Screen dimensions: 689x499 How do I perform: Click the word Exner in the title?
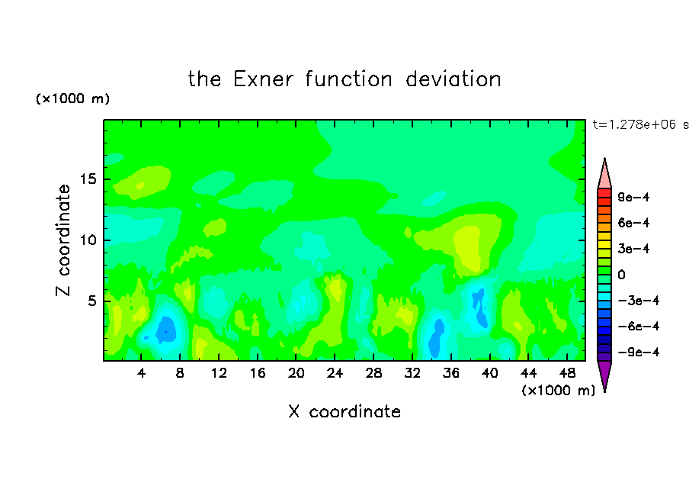click(x=263, y=79)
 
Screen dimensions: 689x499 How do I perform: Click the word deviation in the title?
click(x=453, y=79)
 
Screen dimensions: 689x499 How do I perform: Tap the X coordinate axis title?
click(x=344, y=412)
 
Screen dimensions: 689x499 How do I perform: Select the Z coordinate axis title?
click(x=62, y=240)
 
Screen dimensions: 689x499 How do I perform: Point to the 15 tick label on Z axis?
click(x=88, y=179)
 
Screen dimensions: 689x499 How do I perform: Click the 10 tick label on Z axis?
click(x=88, y=240)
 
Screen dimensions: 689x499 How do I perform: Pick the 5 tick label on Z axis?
click(x=92, y=301)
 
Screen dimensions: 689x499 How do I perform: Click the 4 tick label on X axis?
click(x=141, y=373)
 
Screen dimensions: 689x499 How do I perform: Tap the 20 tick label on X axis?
click(x=296, y=373)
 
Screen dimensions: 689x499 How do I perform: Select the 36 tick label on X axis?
click(x=451, y=373)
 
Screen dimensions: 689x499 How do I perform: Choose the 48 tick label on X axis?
click(x=567, y=373)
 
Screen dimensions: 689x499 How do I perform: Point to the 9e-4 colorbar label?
click(x=633, y=197)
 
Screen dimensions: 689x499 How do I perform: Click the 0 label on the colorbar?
click(x=621, y=275)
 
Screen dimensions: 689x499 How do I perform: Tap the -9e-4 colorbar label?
click(x=639, y=352)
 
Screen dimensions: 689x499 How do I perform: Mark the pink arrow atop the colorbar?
click(x=604, y=173)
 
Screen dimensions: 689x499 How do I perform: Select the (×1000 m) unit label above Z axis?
click(x=72, y=98)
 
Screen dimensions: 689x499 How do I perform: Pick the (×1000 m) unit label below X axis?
click(x=558, y=391)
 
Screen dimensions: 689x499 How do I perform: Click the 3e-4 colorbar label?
click(x=633, y=249)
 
